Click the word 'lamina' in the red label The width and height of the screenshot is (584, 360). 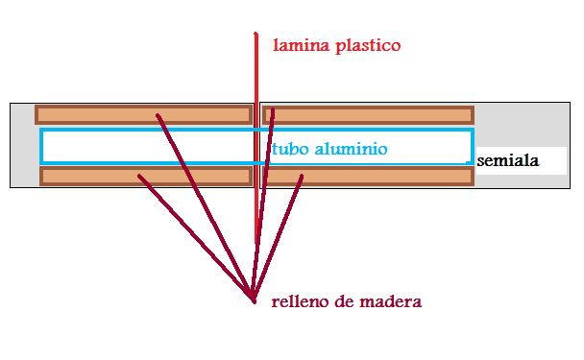(302, 45)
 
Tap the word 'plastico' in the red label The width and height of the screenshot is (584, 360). (368, 46)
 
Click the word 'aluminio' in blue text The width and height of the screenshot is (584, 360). (352, 149)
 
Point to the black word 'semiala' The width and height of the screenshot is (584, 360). (508, 160)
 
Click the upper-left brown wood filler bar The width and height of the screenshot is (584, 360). (144, 114)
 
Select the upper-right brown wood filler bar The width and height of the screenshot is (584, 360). (368, 114)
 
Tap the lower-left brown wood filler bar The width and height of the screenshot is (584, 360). (146, 177)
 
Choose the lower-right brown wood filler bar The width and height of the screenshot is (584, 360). (368, 177)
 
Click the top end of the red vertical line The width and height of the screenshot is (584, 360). (255, 34)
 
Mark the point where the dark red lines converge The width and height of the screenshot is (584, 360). (254, 300)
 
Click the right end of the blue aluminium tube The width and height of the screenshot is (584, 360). (472, 146)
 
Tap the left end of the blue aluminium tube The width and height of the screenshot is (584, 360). (41, 146)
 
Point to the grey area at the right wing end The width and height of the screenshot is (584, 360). (522, 125)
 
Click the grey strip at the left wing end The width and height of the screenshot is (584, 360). (23, 145)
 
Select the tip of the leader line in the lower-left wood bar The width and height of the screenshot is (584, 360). (139, 176)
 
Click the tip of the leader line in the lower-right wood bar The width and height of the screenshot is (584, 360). (302, 176)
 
